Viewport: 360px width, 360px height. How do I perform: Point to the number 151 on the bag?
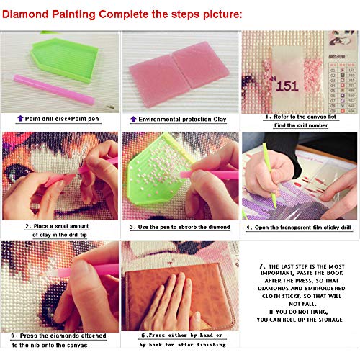[287, 84]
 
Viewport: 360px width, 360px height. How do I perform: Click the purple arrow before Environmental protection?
[132, 118]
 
